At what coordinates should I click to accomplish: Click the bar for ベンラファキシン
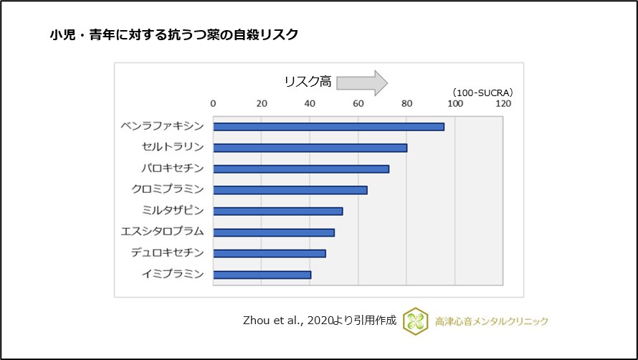point(328,126)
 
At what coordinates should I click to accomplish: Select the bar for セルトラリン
point(310,148)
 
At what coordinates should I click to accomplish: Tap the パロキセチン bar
point(301,169)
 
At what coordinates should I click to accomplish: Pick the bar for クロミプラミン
point(290,190)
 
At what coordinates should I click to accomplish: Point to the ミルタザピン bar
point(278,211)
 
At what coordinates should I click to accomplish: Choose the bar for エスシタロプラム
point(274,232)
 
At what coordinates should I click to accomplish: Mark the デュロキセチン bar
point(270,253)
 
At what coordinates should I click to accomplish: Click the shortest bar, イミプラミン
point(262,275)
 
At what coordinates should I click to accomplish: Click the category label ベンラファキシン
point(163,126)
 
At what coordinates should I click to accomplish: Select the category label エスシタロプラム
point(163,232)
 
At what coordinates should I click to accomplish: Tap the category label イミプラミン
point(173,274)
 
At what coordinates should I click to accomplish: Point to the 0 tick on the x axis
point(214,103)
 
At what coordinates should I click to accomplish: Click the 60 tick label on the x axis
point(358,103)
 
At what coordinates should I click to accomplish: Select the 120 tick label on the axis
point(503,103)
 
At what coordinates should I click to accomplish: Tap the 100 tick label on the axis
point(454,103)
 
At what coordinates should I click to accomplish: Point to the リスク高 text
point(308,82)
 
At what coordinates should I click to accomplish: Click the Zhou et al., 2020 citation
point(320,321)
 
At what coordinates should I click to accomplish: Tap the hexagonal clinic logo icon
point(415,321)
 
